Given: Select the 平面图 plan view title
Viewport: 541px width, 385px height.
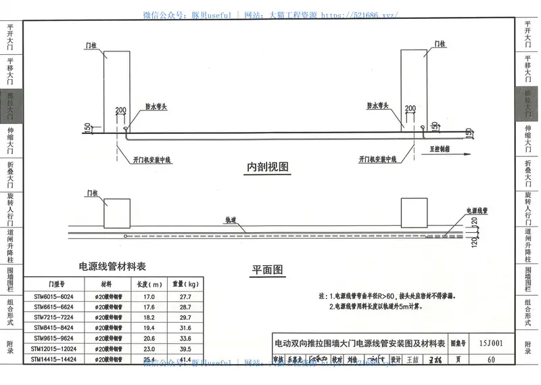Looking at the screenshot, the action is [268, 269].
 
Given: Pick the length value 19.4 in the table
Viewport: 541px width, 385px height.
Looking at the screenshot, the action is [149, 327].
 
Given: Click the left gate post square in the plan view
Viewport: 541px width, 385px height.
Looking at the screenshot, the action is [117, 213].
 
